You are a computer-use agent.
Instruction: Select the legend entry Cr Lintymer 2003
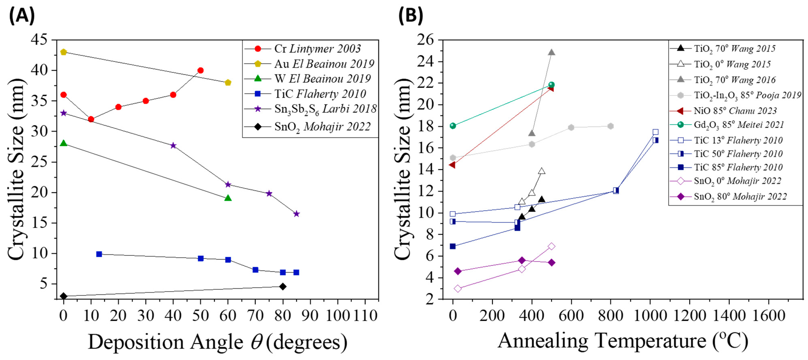pyautogui.click(x=317, y=49)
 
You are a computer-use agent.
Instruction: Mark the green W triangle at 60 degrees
pyautogui.click(x=228, y=198)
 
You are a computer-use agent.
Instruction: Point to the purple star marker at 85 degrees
pyautogui.click(x=296, y=214)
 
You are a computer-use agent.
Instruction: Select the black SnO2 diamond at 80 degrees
pyautogui.click(x=283, y=286)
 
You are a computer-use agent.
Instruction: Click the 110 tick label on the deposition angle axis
pyautogui.click(x=365, y=315)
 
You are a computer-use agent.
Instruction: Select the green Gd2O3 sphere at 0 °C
pyautogui.click(x=453, y=126)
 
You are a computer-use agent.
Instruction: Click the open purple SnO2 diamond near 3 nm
pyautogui.click(x=458, y=288)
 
